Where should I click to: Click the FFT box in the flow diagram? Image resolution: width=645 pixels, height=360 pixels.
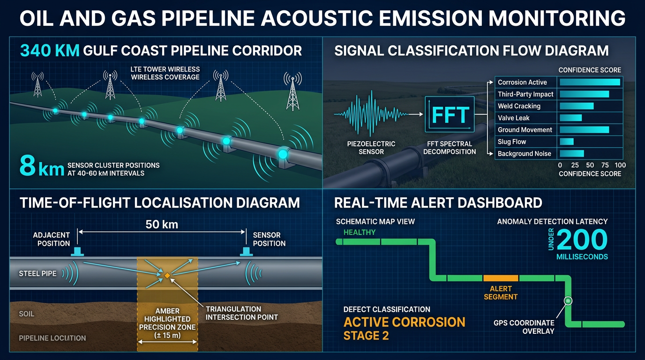pos(450,114)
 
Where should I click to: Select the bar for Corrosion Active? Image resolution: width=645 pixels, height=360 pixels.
pos(590,82)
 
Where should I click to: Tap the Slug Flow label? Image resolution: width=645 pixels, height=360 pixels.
pos(512,142)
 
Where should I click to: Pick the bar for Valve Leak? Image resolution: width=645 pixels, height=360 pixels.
pos(570,118)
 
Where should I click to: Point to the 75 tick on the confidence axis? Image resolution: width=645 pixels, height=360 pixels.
pos(605,165)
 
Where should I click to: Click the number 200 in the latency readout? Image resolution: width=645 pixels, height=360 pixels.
pos(583,240)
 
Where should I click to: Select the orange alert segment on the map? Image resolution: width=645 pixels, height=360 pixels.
pos(500,278)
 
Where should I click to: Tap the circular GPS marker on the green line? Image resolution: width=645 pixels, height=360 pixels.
pos(568,300)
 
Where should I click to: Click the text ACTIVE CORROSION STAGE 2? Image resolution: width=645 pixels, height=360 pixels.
pos(404,329)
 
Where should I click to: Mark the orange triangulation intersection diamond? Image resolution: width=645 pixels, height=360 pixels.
pos(167,276)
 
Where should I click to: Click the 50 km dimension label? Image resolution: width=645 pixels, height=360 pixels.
pos(162,224)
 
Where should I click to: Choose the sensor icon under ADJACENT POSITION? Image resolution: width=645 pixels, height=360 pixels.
pos(76,252)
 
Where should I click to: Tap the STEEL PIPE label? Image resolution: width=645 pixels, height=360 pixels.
pos(37,273)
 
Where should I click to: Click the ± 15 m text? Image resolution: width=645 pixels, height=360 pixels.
pos(167,336)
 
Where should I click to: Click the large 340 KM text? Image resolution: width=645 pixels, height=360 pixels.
pos(49,50)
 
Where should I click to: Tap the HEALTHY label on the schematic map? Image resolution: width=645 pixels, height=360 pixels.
pos(360,232)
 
